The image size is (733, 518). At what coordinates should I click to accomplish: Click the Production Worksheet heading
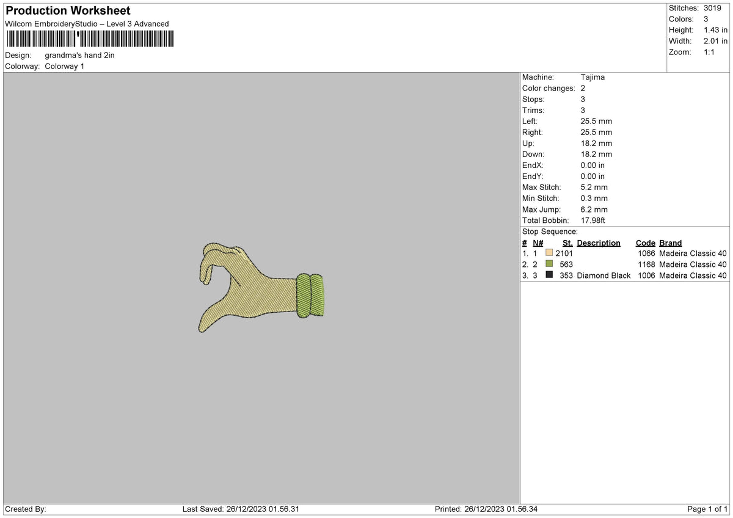click(68, 10)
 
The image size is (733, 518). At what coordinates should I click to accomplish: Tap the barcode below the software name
click(90, 39)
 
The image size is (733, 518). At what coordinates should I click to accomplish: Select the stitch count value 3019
click(712, 8)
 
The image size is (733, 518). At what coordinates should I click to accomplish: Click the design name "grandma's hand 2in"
click(79, 56)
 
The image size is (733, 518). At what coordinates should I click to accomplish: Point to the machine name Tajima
click(593, 77)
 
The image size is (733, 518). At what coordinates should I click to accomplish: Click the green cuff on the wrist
click(310, 296)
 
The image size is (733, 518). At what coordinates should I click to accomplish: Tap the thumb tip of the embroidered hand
click(201, 329)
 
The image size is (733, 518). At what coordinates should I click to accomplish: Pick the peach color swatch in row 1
click(549, 253)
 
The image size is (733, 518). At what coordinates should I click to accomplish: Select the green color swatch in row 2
click(549, 263)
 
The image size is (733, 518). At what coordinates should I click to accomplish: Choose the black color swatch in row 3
click(549, 274)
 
